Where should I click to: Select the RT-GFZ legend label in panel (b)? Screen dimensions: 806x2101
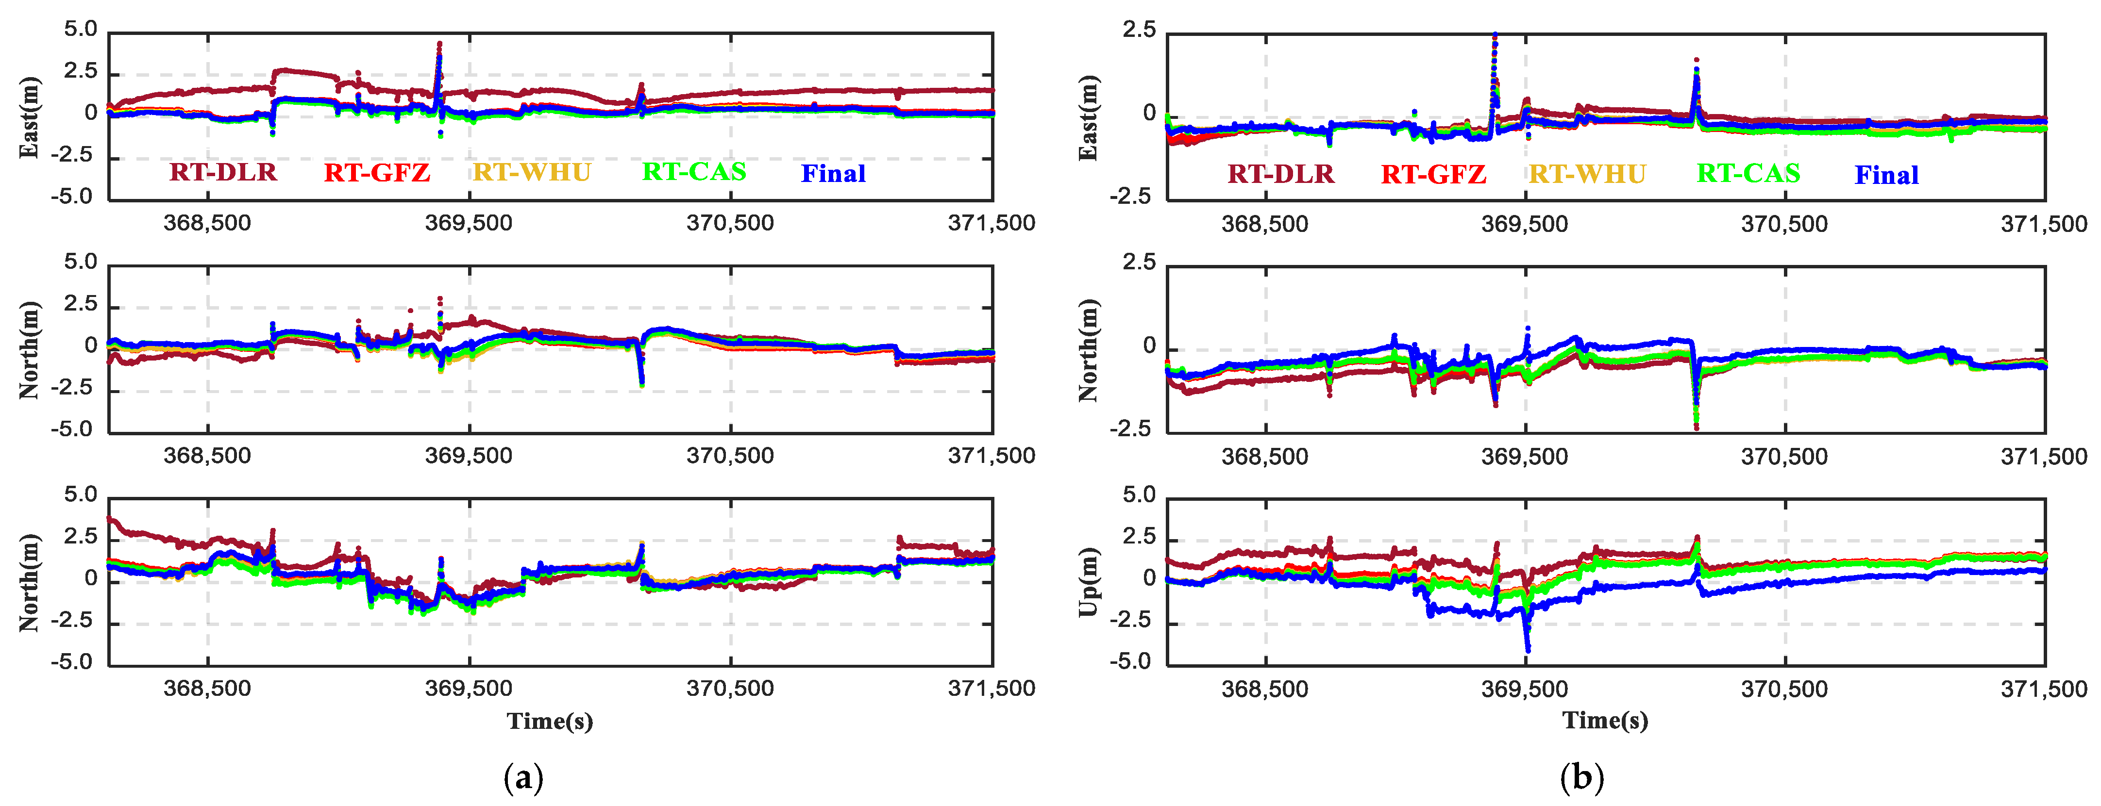point(1433,174)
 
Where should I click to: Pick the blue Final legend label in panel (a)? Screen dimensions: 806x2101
point(833,174)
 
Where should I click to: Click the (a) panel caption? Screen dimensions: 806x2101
point(523,777)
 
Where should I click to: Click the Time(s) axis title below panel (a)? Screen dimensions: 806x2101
point(550,721)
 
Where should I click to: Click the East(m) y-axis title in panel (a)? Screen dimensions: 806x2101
point(29,116)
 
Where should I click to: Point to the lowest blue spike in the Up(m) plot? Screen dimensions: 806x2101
point(1528,650)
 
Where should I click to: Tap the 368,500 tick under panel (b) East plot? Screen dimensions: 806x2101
point(1264,224)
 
